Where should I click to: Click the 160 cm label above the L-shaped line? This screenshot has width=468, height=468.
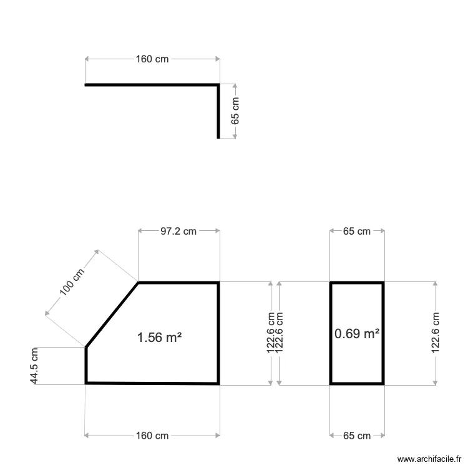pyautogui.click(x=152, y=59)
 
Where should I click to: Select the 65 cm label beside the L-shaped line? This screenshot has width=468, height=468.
pyautogui.click(x=235, y=111)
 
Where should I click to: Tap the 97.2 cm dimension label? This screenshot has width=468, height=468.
pyautogui.click(x=178, y=231)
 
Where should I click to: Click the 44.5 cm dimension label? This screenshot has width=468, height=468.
pyautogui.click(x=35, y=366)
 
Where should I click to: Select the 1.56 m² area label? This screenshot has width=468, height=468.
pyautogui.click(x=159, y=338)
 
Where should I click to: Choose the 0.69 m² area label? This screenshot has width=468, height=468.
pyautogui.click(x=357, y=334)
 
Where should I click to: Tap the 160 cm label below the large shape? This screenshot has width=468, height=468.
pyautogui.click(x=152, y=436)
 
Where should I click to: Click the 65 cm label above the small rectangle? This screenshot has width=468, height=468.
pyautogui.click(x=357, y=231)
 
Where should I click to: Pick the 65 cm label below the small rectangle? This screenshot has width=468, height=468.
pyautogui.click(x=357, y=436)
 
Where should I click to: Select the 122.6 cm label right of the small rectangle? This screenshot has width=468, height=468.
pyautogui.click(x=435, y=333)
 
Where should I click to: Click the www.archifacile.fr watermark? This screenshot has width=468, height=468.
pyautogui.click(x=431, y=458)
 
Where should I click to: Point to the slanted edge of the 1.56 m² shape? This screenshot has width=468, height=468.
pyautogui.click(x=112, y=314)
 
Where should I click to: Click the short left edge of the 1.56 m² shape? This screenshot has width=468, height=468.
pyautogui.click(x=86, y=364)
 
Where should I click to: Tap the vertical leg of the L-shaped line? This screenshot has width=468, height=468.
pyautogui.click(x=218, y=112)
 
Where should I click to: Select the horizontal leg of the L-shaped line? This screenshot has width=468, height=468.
pyautogui.click(x=150, y=84)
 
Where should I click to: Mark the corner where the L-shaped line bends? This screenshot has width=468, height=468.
pyautogui.click(x=218, y=84)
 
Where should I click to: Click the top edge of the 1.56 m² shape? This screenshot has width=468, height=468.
pyautogui.click(x=178, y=283)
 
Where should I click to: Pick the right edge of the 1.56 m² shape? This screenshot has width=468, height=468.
pyautogui.click(x=218, y=333)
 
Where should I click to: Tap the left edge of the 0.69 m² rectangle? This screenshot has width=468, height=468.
pyautogui.click(x=331, y=333)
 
